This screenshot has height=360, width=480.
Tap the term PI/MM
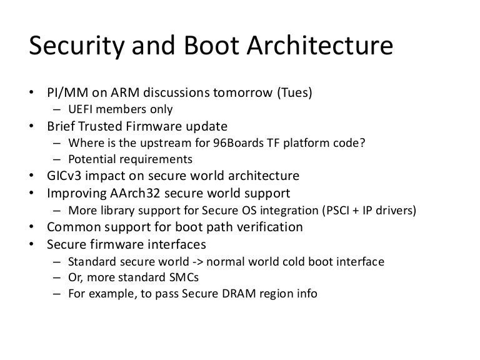pyautogui.click(x=63, y=93)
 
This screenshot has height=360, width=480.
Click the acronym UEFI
pyautogui.click(x=81, y=109)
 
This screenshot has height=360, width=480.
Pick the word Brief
pyautogui.click(x=61, y=126)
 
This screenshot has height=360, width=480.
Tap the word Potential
pyautogui.click(x=89, y=159)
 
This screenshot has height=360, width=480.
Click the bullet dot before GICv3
pyautogui.click(x=31, y=176)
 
